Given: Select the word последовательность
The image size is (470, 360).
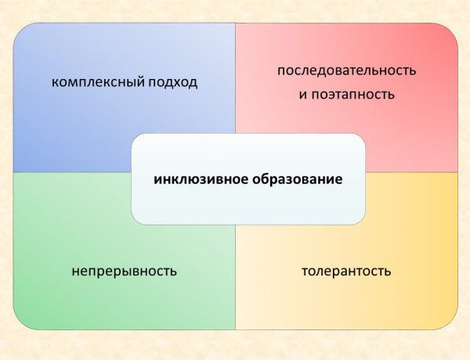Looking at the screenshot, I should [x=346, y=70].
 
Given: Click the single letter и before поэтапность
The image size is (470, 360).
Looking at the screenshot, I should [x=302, y=95].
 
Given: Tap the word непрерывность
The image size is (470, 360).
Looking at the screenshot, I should [x=124, y=272].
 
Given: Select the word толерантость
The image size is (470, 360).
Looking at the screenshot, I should [x=346, y=272].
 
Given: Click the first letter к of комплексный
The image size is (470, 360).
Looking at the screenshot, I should [x=55, y=81].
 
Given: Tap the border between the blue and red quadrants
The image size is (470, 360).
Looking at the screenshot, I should [x=235, y=78].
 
